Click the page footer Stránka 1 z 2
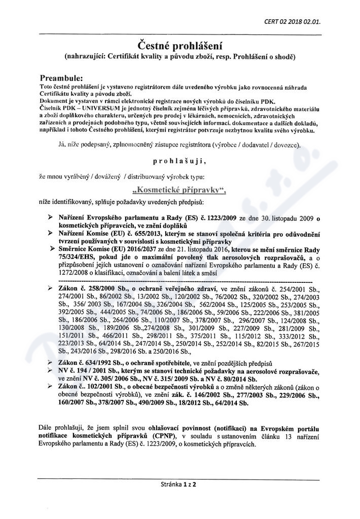coord(178,484)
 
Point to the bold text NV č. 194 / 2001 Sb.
coord(87,372)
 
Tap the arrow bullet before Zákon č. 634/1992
coord(49,363)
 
